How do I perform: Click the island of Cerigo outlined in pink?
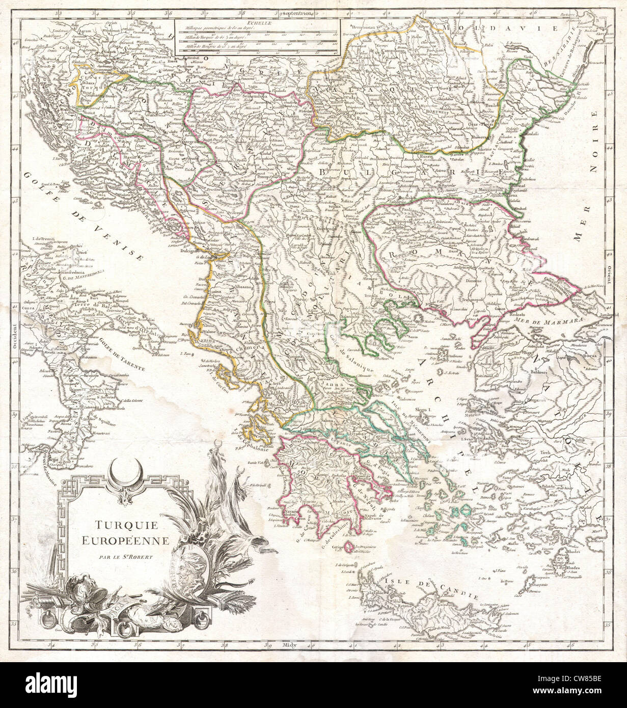click(348, 547)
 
